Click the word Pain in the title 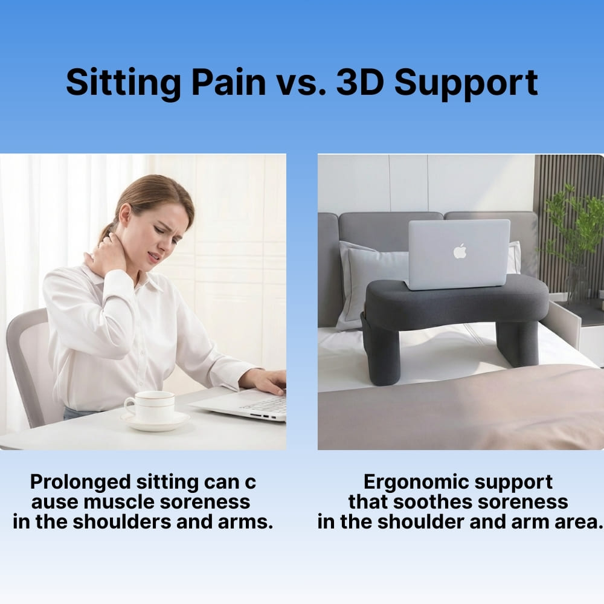pyautogui.click(x=228, y=83)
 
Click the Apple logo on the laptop pyautogui.click(x=460, y=251)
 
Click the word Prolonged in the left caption pyautogui.click(x=80, y=482)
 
